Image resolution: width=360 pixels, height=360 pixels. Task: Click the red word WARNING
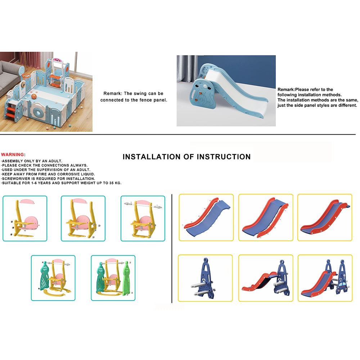pyautogui.click(x=12, y=154)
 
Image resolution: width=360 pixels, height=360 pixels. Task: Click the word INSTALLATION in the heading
pyautogui.click(x=152, y=157)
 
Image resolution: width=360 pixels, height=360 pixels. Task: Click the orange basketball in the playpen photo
pyautogui.click(x=34, y=96)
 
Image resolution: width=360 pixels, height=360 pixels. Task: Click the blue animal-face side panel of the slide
pyautogui.click(x=203, y=94)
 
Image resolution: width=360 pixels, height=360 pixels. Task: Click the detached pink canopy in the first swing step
pyautogui.click(x=27, y=201)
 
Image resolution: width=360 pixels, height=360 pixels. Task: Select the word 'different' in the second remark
pyautogui.click(x=348, y=105)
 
